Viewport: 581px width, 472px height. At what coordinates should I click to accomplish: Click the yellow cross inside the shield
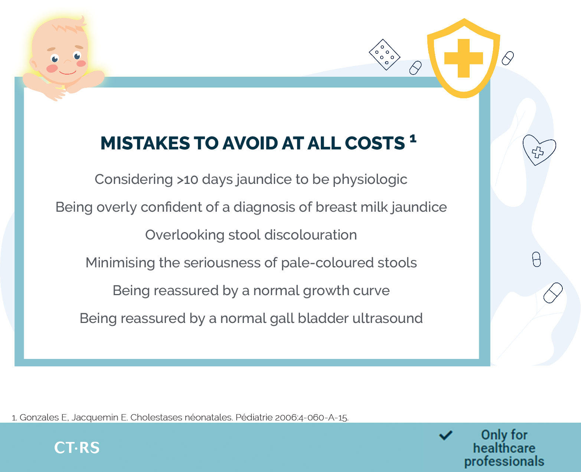[x=463, y=58]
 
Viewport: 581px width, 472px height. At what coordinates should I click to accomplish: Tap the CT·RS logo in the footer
[x=77, y=448]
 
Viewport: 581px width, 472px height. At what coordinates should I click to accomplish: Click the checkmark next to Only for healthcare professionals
[x=446, y=435]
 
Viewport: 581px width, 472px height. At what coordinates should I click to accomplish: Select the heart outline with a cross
[x=539, y=150]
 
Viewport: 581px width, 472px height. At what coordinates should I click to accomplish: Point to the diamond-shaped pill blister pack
[x=385, y=55]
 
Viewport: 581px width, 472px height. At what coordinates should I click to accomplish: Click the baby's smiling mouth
[x=67, y=72]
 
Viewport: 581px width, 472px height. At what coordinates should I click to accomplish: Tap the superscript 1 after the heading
[x=413, y=139]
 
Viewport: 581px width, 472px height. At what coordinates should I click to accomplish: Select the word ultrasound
[x=388, y=318]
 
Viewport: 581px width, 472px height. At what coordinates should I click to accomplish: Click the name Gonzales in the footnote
[x=39, y=417]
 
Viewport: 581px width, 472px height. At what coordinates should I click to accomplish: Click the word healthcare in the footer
[x=504, y=448]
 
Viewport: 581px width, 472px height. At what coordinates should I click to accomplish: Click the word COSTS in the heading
[x=375, y=143]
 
